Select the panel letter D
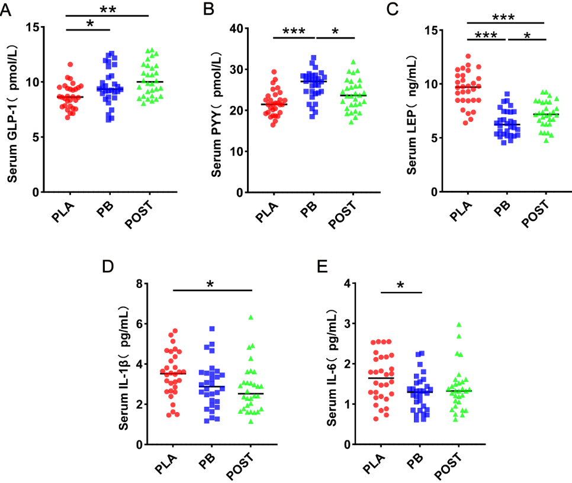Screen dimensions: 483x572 click(x=108, y=266)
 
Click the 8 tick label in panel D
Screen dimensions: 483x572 click(x=142, y=284)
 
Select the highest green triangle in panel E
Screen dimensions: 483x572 click(x=458, y=325)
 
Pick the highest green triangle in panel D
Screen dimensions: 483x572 click(x=250, y=317)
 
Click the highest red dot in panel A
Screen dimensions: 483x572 click(x=70, y=64)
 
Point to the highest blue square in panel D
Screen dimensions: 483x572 click(x=211, y=329)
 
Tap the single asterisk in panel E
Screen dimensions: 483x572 click(x=400, y=286)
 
